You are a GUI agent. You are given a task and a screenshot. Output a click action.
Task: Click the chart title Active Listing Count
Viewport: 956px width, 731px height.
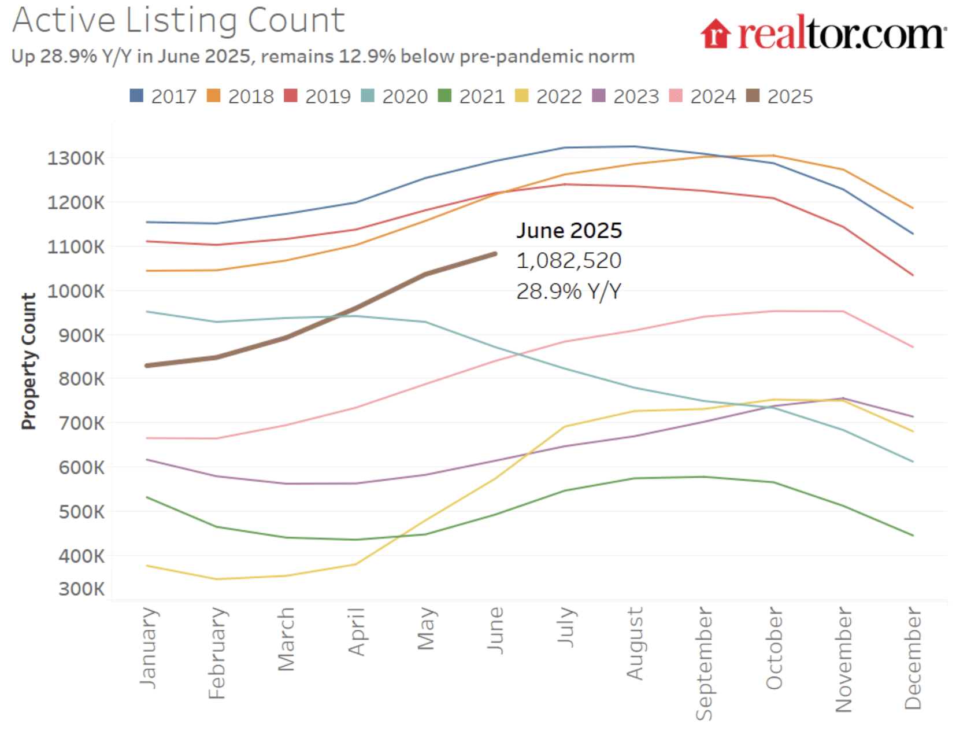(178, 21)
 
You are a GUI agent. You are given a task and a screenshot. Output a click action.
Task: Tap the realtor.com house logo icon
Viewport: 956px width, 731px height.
(716, 34)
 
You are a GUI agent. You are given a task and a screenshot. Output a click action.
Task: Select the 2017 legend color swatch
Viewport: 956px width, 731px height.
(136, 96)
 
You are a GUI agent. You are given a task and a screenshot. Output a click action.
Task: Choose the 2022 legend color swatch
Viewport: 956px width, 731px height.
(522, 96)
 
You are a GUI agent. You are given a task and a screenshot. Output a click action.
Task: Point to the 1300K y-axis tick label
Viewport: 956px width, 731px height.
(76, 158)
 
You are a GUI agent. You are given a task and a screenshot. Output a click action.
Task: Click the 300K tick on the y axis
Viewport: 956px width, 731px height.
(81, 589)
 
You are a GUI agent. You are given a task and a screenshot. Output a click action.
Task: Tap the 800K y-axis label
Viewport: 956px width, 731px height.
(81, 379)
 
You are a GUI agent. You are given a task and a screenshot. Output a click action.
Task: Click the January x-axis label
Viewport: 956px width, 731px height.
(148, 647)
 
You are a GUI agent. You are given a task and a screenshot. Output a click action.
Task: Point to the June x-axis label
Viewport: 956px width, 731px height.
(495, 630)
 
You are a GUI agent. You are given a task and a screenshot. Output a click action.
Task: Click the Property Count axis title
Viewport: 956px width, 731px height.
(28, 361)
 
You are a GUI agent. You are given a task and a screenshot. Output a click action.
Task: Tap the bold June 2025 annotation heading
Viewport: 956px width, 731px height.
(569, 231)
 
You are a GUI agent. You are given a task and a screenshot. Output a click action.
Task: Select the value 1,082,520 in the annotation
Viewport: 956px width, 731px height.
(568, 261)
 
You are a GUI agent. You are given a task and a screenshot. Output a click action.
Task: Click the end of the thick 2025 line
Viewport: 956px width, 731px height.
(495, 254)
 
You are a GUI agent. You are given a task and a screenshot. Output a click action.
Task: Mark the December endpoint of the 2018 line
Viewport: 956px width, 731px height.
(913, 208)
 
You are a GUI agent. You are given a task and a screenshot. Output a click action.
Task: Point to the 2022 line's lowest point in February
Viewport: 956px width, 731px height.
(217, 579)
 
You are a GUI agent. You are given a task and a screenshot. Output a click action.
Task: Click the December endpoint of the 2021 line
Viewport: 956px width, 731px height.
(913, 536)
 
